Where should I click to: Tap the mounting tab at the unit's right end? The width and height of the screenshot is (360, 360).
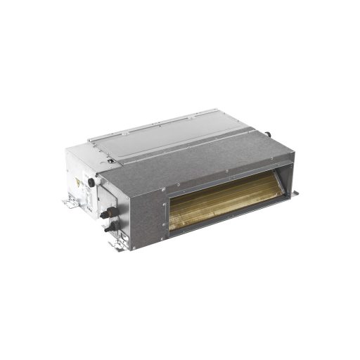[x=296, y=192]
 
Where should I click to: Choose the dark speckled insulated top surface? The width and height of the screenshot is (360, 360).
[x=211, y=151]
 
